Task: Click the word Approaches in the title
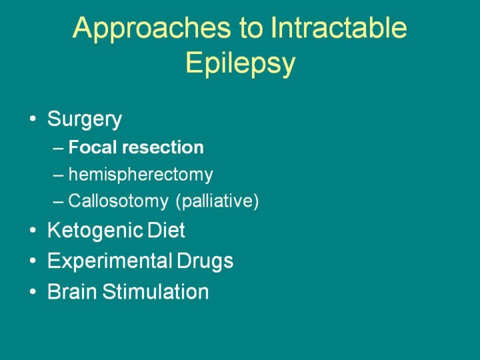coord(151,29)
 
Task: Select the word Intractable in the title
coord(339,27)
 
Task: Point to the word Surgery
coord(85,120)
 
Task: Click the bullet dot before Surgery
coord(33,118)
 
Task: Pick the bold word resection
coord(163,147)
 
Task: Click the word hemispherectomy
coord(141,175)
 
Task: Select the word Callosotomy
coord(118,201)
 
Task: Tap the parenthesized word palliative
coord(217,201)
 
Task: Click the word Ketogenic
coord(95,231)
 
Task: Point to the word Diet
coord(166,230)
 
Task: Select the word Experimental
coord(109,261)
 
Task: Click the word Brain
coord(72,291)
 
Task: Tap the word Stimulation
coord(155,291)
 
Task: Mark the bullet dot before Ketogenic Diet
coord(33,230)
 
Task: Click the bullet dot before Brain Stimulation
coord(33,291)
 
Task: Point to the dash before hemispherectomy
coord(58,176)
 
